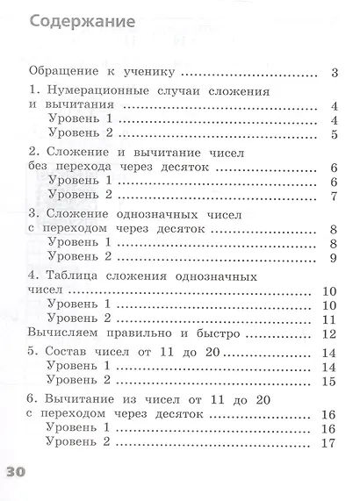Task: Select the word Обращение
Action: pyautogui.click(x=62, y=73)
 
